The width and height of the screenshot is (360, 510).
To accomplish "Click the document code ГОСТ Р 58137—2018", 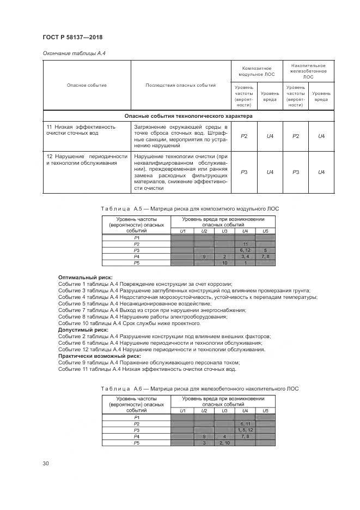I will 72,37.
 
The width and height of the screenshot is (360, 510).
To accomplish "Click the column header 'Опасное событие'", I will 87,85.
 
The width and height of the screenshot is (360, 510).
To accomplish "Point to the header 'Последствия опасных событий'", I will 180,85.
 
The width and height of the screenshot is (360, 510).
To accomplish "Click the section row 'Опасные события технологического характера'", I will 188,116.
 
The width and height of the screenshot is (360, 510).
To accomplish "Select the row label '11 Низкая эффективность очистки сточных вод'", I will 81,130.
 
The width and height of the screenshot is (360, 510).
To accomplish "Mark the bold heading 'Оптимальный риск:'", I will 81,278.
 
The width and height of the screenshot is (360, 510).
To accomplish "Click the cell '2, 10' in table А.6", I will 224,443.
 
